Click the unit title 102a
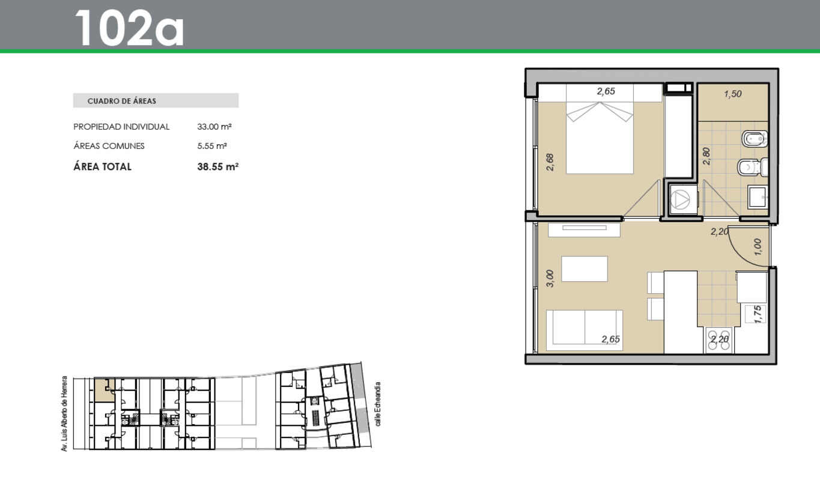pyautogui.click(x=130, y=28)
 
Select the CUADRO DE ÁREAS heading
pyautogui.click(x=122, y=101)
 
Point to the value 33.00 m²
pyautogui.click(x=214, y=127)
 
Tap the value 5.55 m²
pyautogui.click(x=212, y=146)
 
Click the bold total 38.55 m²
pyautogui.click(x=218, y=167)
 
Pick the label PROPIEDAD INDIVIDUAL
pyautogui.click(x=121, y=127)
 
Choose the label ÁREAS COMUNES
pyautogui.click(x=109, y=146)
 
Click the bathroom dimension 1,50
pyautogui.click(x=732, y=94)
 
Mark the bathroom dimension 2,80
pyautogui.click(x=706, y=156)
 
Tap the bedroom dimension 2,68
pyautogui.click(x=550, y=162)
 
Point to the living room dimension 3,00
pyautogui.click(x=550, y=279)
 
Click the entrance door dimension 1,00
pyautogui.click(x=758, y=247)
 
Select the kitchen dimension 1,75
pyautogui.click(x=758, y=314)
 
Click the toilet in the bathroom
pyautogui.click(x=752, y=167)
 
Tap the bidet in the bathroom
pyautogui.click(x=755, y=139)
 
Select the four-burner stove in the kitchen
pyautogui.click(x=718, y=340)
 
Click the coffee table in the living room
pyautogui.click(x=585, y=269)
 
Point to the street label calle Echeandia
pyautogui.click(x=378, y=404)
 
